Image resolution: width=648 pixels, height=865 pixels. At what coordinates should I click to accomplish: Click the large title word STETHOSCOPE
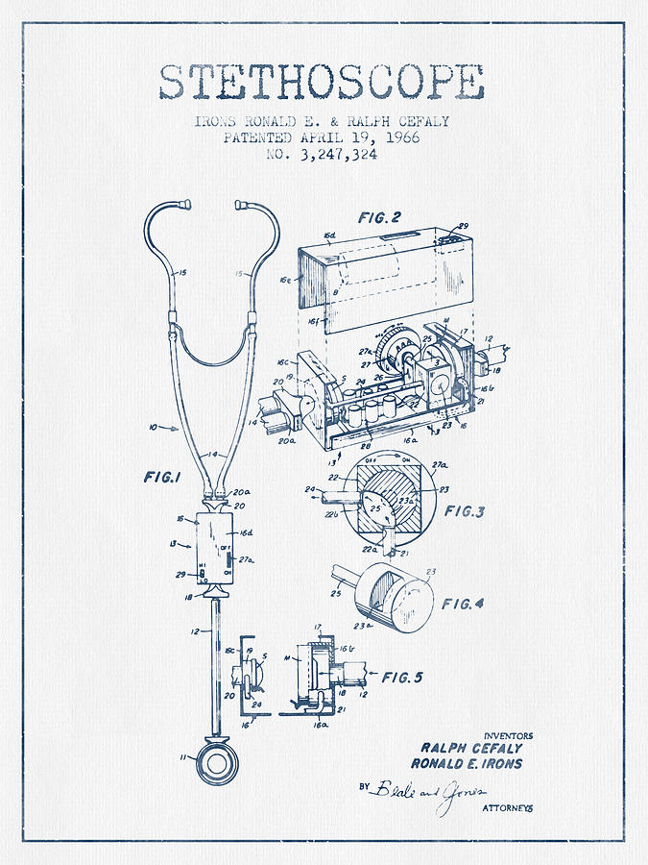click(x=322, y=84)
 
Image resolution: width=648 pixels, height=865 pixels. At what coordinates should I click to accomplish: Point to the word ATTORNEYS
click(x=507, y=808)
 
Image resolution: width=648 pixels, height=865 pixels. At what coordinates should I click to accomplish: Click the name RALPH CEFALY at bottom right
click(x=470, y=748)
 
